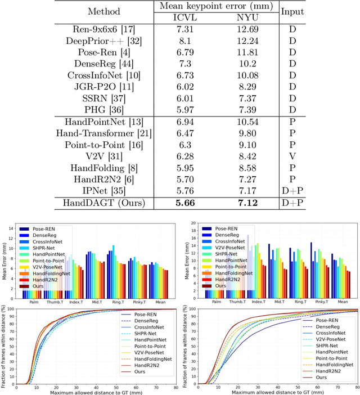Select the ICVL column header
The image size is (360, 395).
tap(185, 17)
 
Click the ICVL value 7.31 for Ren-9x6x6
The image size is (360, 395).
tap(185, 29)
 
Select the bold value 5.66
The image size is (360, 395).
tap(185, 203)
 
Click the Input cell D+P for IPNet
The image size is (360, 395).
tap(292, 191)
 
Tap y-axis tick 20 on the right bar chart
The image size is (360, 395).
tap(191, 223)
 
